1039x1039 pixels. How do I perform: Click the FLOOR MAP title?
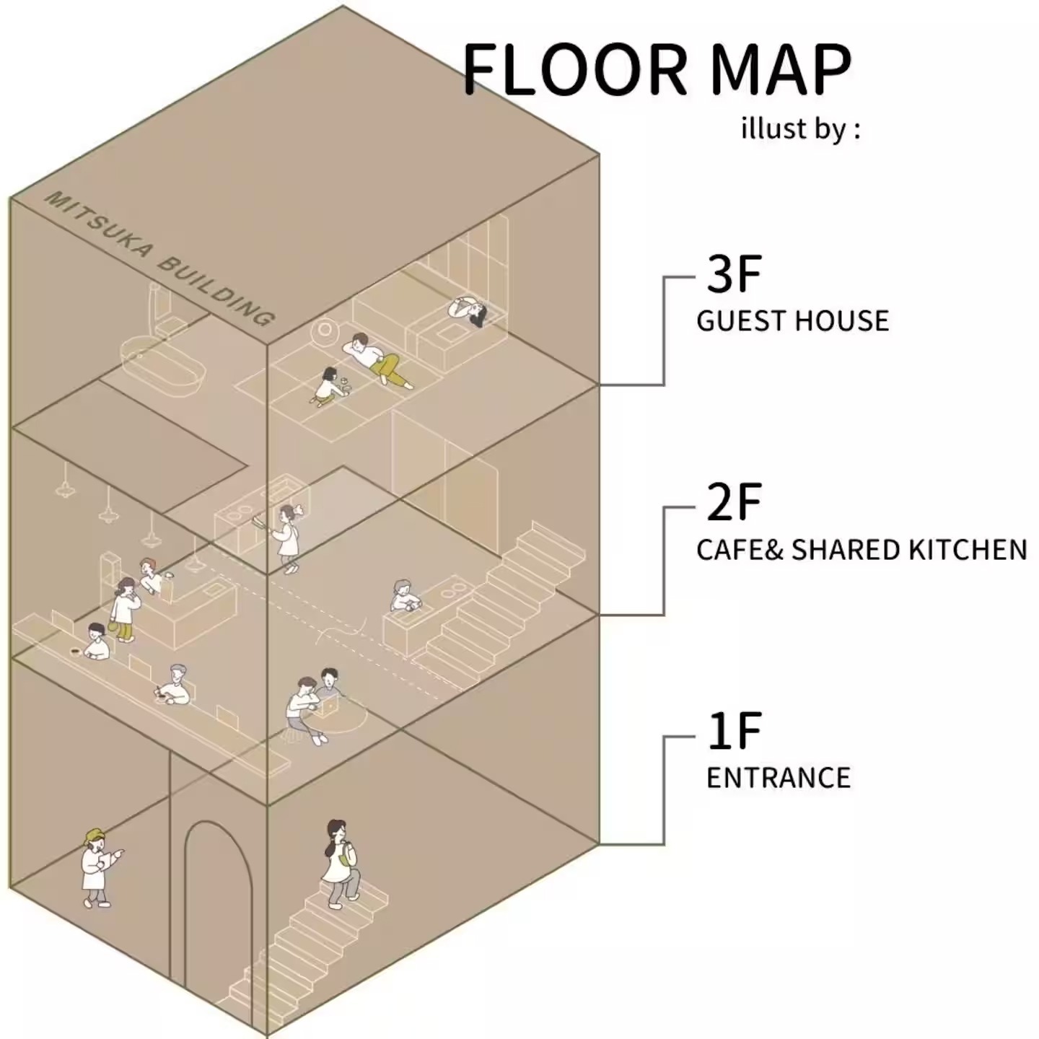click(x=657, y=70)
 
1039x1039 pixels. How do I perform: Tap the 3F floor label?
click(x=733, y=274)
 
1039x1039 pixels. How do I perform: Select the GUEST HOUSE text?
click(x=792, y=321)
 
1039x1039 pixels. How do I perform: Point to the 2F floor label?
click(x=733, y=502)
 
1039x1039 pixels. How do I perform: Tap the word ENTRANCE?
click(x=779, y=778)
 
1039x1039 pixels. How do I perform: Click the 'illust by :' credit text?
click(x=801, y=130)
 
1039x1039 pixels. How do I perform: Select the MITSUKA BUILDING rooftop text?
click(x=159, y=258)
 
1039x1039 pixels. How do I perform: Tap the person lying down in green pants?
click(x=377, y=360)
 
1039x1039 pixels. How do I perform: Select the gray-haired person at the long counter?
click(x=174, y=685)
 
